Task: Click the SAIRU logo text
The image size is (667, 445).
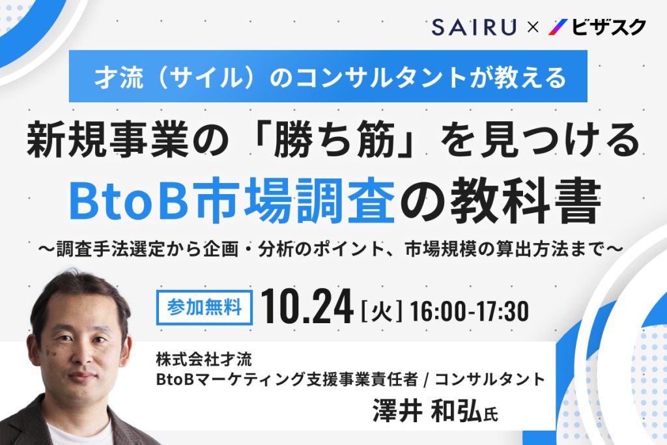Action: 474,27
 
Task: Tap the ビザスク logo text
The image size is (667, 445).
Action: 608,27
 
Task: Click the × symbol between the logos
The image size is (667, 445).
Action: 533,27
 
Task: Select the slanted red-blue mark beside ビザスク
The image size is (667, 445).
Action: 558,27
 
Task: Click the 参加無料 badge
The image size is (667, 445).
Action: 205,307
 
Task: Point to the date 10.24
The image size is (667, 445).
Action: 307,307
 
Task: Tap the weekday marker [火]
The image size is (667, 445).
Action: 381,311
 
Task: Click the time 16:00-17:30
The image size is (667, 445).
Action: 470,311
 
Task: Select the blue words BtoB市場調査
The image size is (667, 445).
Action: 232,200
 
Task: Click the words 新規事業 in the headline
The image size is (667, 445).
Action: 107,140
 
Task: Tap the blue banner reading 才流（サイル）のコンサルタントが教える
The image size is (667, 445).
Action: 328,76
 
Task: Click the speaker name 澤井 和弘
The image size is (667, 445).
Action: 427,411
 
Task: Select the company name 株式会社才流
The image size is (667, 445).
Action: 204,360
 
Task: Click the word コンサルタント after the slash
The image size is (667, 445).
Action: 490,379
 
